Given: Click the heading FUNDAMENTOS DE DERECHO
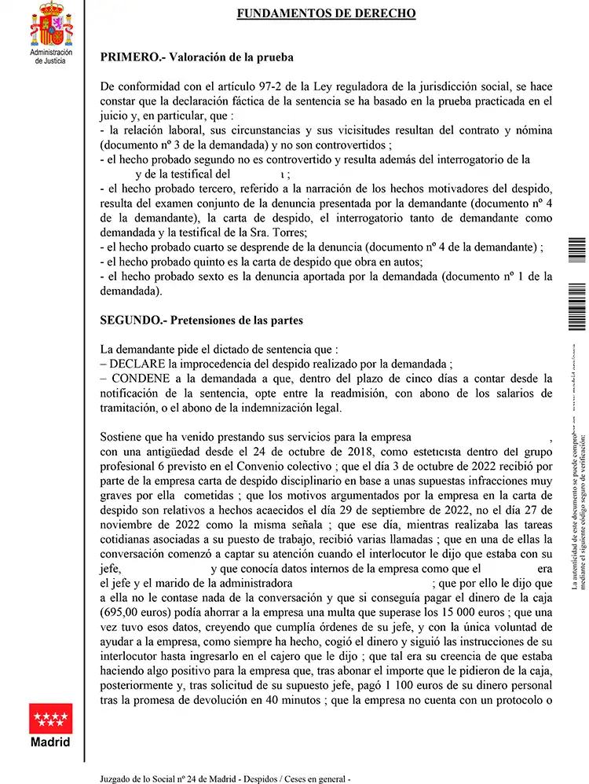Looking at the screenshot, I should point(326,13).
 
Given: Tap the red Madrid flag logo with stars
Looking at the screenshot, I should point(50,719).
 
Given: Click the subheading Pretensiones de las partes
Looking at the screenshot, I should point(234,321).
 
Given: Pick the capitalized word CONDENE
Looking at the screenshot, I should point(140,378).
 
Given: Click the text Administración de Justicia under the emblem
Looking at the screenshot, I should point(50,56).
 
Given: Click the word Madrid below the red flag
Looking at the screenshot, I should point(50,742).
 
